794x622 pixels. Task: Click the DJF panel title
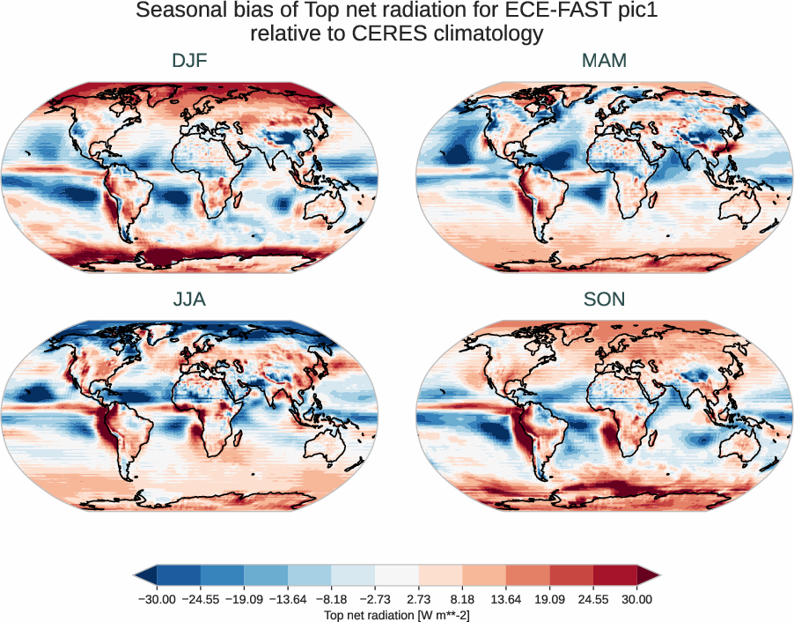[189, 61]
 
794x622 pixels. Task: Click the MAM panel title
[604, 61]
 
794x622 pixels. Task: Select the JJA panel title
[189, 299]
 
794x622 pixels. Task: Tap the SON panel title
[604, 299]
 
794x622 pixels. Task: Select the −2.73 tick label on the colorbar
[375, 599]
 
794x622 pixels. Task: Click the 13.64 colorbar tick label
[506, 599]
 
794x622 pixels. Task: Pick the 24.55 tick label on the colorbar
[593, 599]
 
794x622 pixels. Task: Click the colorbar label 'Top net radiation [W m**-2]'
[396, 614]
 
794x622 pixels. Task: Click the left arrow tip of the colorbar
[136, 575]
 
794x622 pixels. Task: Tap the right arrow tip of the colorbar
[658, 575]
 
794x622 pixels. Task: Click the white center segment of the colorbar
[396, 575]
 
